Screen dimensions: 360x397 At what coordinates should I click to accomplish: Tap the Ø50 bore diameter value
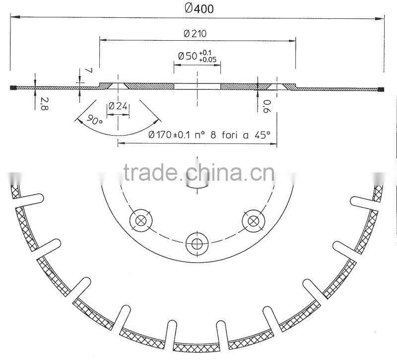click(188, 56)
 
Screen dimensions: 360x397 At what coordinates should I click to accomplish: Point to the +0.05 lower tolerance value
click(207, 60)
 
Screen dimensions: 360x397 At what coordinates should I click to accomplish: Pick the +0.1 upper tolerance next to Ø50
click(205, 53)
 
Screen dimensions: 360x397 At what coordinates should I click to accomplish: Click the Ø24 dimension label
click(118, 105)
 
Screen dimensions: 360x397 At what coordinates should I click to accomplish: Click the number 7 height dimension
click(89, 71)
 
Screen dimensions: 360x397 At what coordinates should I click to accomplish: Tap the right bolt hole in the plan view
click(252, 219)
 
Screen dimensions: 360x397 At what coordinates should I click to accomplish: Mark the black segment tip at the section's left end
click(14, 88)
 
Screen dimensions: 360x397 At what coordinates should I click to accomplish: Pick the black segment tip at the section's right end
click(381, 89)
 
